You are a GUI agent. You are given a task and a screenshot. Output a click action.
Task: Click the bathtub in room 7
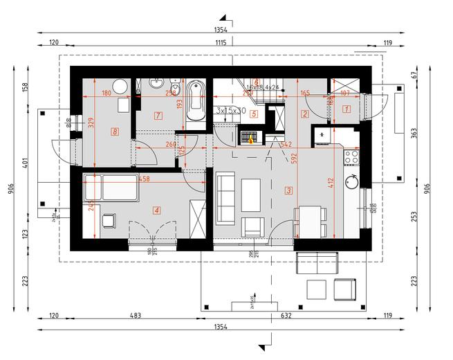(196, 102)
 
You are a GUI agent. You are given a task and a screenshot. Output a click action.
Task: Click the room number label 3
(288, 190)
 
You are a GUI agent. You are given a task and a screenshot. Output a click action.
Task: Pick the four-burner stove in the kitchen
(351, 156)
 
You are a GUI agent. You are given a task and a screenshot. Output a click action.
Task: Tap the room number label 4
(157, 210)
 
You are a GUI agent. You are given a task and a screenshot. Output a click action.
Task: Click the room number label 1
(347, 108)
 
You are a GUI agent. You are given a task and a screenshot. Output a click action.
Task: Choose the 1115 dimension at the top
(221, 43)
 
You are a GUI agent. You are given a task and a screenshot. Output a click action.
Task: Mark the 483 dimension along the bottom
(136, 316)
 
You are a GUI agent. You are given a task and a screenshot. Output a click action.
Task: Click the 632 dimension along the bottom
(285, 316)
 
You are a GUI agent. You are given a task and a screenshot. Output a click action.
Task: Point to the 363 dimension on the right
(414, 134)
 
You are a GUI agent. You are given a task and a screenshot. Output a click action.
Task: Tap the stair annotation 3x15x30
(231, 111)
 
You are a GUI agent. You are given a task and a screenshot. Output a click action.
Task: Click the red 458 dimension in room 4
(145, 179)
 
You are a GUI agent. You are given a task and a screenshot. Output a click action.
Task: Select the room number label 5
(254, 114)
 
